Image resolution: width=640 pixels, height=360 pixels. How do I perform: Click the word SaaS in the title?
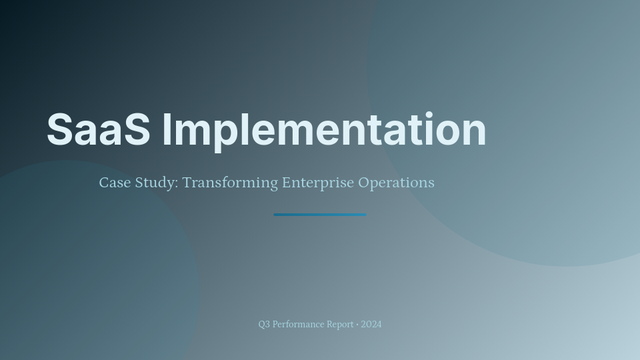99,129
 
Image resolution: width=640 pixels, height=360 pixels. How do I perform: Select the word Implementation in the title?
324,129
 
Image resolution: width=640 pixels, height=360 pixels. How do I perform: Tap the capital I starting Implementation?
167,129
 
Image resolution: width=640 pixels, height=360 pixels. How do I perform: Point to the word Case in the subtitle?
114,183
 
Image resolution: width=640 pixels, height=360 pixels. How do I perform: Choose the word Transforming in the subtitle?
230,183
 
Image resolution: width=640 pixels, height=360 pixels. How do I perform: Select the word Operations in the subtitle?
396,183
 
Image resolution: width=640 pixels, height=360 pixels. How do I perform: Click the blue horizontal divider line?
320,215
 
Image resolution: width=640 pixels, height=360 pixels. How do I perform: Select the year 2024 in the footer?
371,325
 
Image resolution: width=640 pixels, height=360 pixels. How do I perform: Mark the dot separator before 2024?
357,325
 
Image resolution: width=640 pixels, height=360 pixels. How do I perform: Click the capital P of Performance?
275,325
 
